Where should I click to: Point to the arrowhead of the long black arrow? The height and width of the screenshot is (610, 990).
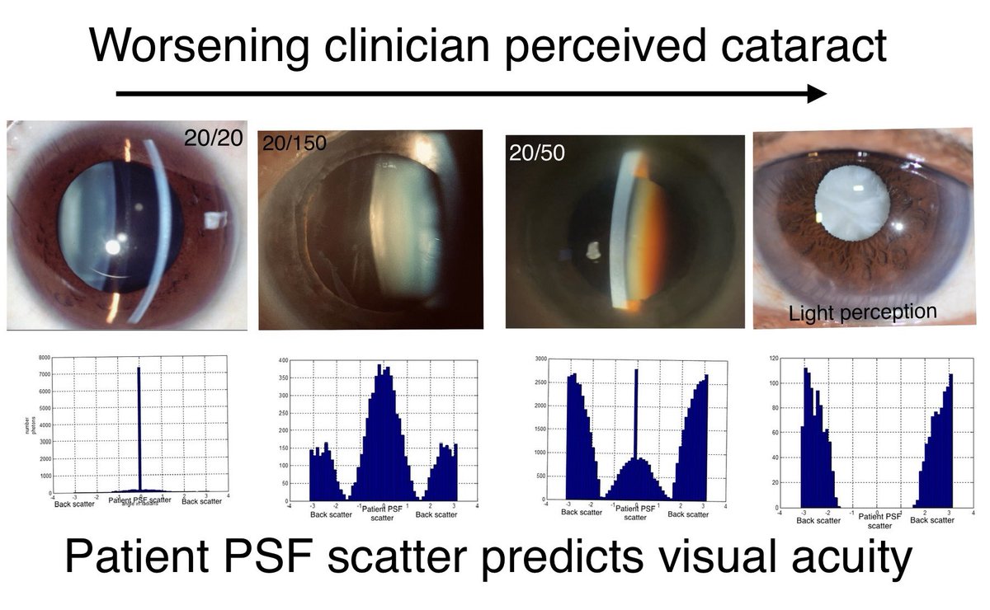tap(816, 93)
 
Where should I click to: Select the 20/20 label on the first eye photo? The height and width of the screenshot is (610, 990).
tap(214, 138)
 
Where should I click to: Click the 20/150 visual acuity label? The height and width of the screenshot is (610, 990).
tap(295, 143)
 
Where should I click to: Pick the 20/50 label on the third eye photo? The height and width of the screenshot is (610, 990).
tap(537, 155)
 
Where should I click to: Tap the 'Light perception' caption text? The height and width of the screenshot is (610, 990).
tap(862, 312)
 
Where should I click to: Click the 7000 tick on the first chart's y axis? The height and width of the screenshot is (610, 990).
tap(41, 374)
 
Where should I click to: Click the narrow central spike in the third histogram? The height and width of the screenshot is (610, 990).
tap(636, 412)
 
